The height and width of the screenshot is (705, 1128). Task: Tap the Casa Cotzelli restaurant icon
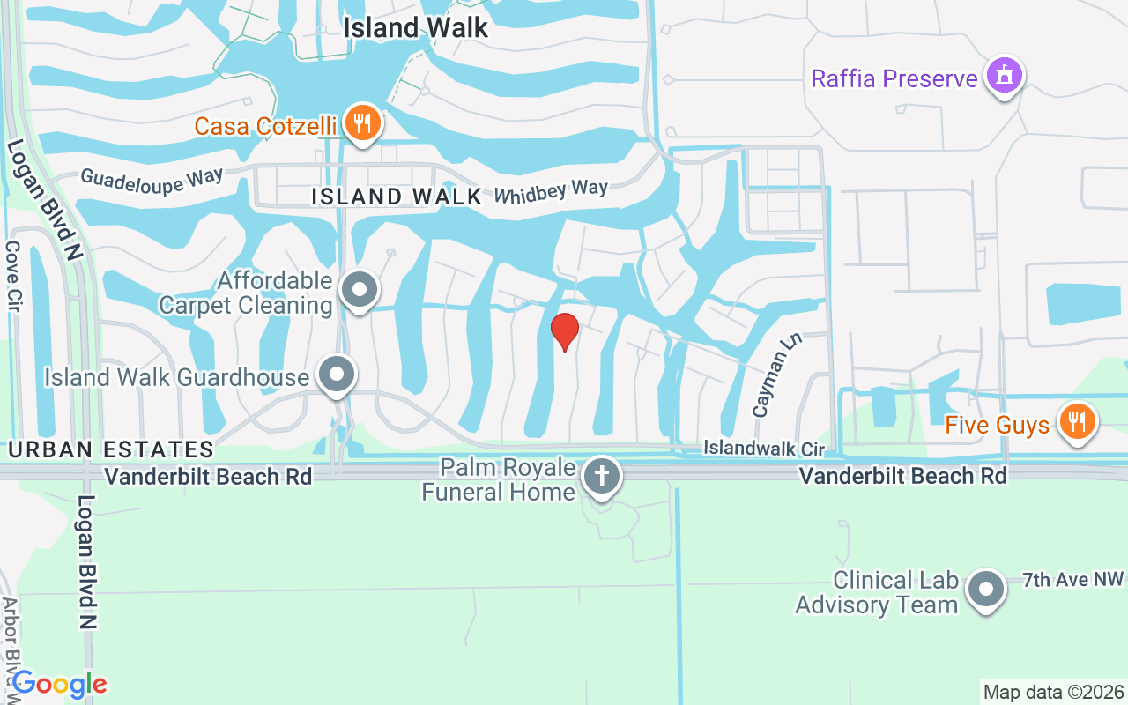click(361, 122)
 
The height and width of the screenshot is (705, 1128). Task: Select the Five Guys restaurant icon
click(1075, 421)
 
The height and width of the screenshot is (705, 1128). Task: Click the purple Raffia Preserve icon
click(1004, 77)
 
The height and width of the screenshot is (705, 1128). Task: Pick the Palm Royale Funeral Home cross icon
click(602, 477)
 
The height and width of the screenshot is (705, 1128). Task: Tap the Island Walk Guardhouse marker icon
click(336, 375)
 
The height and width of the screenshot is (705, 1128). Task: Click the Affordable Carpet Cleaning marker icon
click(360, 289)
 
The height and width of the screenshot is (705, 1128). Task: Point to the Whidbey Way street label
click(551, 191)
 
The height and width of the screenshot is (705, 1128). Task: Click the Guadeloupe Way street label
click(152, 179)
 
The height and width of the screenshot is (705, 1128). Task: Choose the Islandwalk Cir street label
click(763, 449)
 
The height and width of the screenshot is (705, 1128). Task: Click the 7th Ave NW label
click(1073, 580)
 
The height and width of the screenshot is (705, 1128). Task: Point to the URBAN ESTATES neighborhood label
click(111, 449)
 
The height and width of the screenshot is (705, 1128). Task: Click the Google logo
click(59, 684)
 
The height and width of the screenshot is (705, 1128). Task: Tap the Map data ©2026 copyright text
click(1053, 692)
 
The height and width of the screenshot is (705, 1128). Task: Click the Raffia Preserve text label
click(894, 78)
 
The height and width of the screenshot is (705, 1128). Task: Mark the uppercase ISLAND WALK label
click(397, 197)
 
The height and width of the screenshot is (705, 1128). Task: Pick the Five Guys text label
click(997, 425)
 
